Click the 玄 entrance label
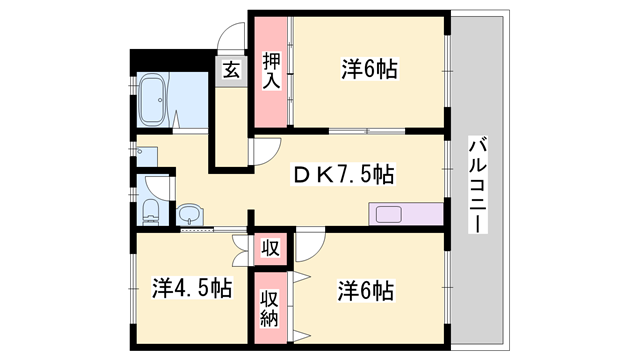[x=231, y=70]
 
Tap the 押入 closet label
[x=271, y=71]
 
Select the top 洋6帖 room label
[x=369, y=69]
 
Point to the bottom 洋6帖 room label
[x=366, y=291]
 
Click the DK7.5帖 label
[x=343, y=175]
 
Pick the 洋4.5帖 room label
[x=192, y=288]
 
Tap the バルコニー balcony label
[x=478, y=184]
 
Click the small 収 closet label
[x=270, y=248]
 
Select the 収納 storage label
[x=270, y=308]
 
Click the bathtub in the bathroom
[x=152, y=100]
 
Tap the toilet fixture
[x=150, y=212]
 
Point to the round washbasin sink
[x=190, y=214]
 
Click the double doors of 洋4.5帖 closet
[x=240, y=251]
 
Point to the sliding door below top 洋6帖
[x=367, y=131]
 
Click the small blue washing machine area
[x=147, y=156]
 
